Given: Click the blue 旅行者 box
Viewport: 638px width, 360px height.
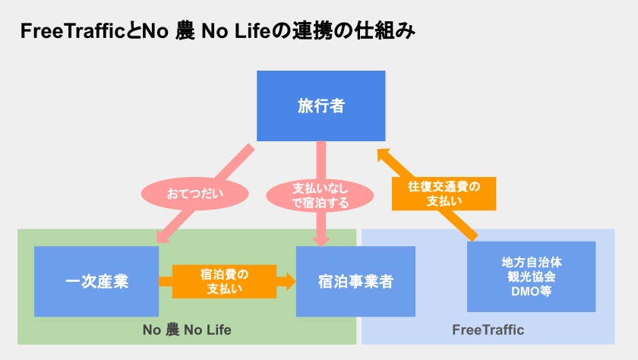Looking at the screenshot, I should [x=321, y=106].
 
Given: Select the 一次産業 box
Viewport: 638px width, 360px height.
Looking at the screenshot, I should [x=96, y=281].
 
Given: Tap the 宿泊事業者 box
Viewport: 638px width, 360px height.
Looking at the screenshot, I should [x=355, y=281].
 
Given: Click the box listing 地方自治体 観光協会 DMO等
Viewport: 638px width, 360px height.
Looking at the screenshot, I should [x=531, y=276].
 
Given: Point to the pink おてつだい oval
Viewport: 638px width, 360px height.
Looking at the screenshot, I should [x=195, y=194].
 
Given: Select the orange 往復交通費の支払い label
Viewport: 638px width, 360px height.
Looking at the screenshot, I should [x=444, y=194].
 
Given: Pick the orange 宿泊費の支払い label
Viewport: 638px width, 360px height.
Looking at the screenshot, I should [x=225, y=281].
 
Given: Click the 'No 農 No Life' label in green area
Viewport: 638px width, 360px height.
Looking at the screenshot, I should [x=187, y=330].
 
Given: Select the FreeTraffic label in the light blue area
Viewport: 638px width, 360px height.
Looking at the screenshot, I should [x=488, y=330].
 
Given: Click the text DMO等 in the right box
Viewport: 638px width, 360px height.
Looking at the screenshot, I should [x=531, y=290].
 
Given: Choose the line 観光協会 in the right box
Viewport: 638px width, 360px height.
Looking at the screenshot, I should [x=531, y=276].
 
